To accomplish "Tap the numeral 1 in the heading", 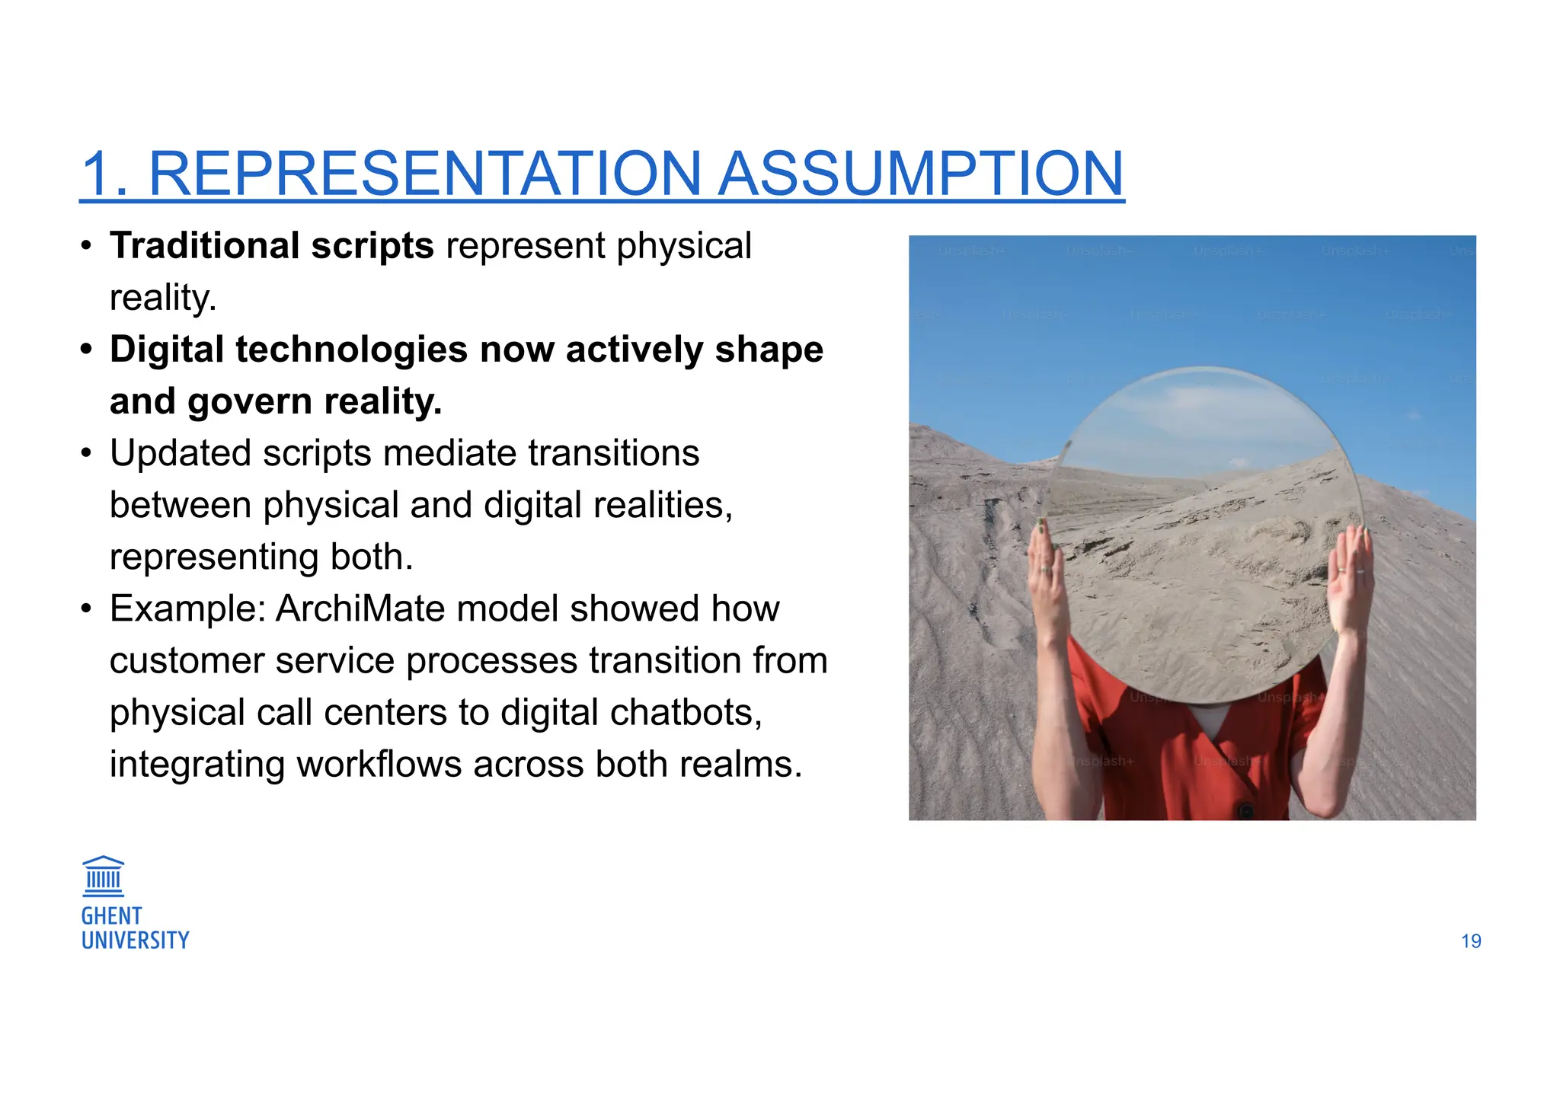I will [x=99, y=175].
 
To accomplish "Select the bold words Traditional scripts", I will [x=271, y=246].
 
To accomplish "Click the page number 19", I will [x=1470, y=941].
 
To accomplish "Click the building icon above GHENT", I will [x=103, y=876].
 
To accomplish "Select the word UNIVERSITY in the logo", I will [x=135, y=941].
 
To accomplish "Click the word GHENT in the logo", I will [x=111, y=916].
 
